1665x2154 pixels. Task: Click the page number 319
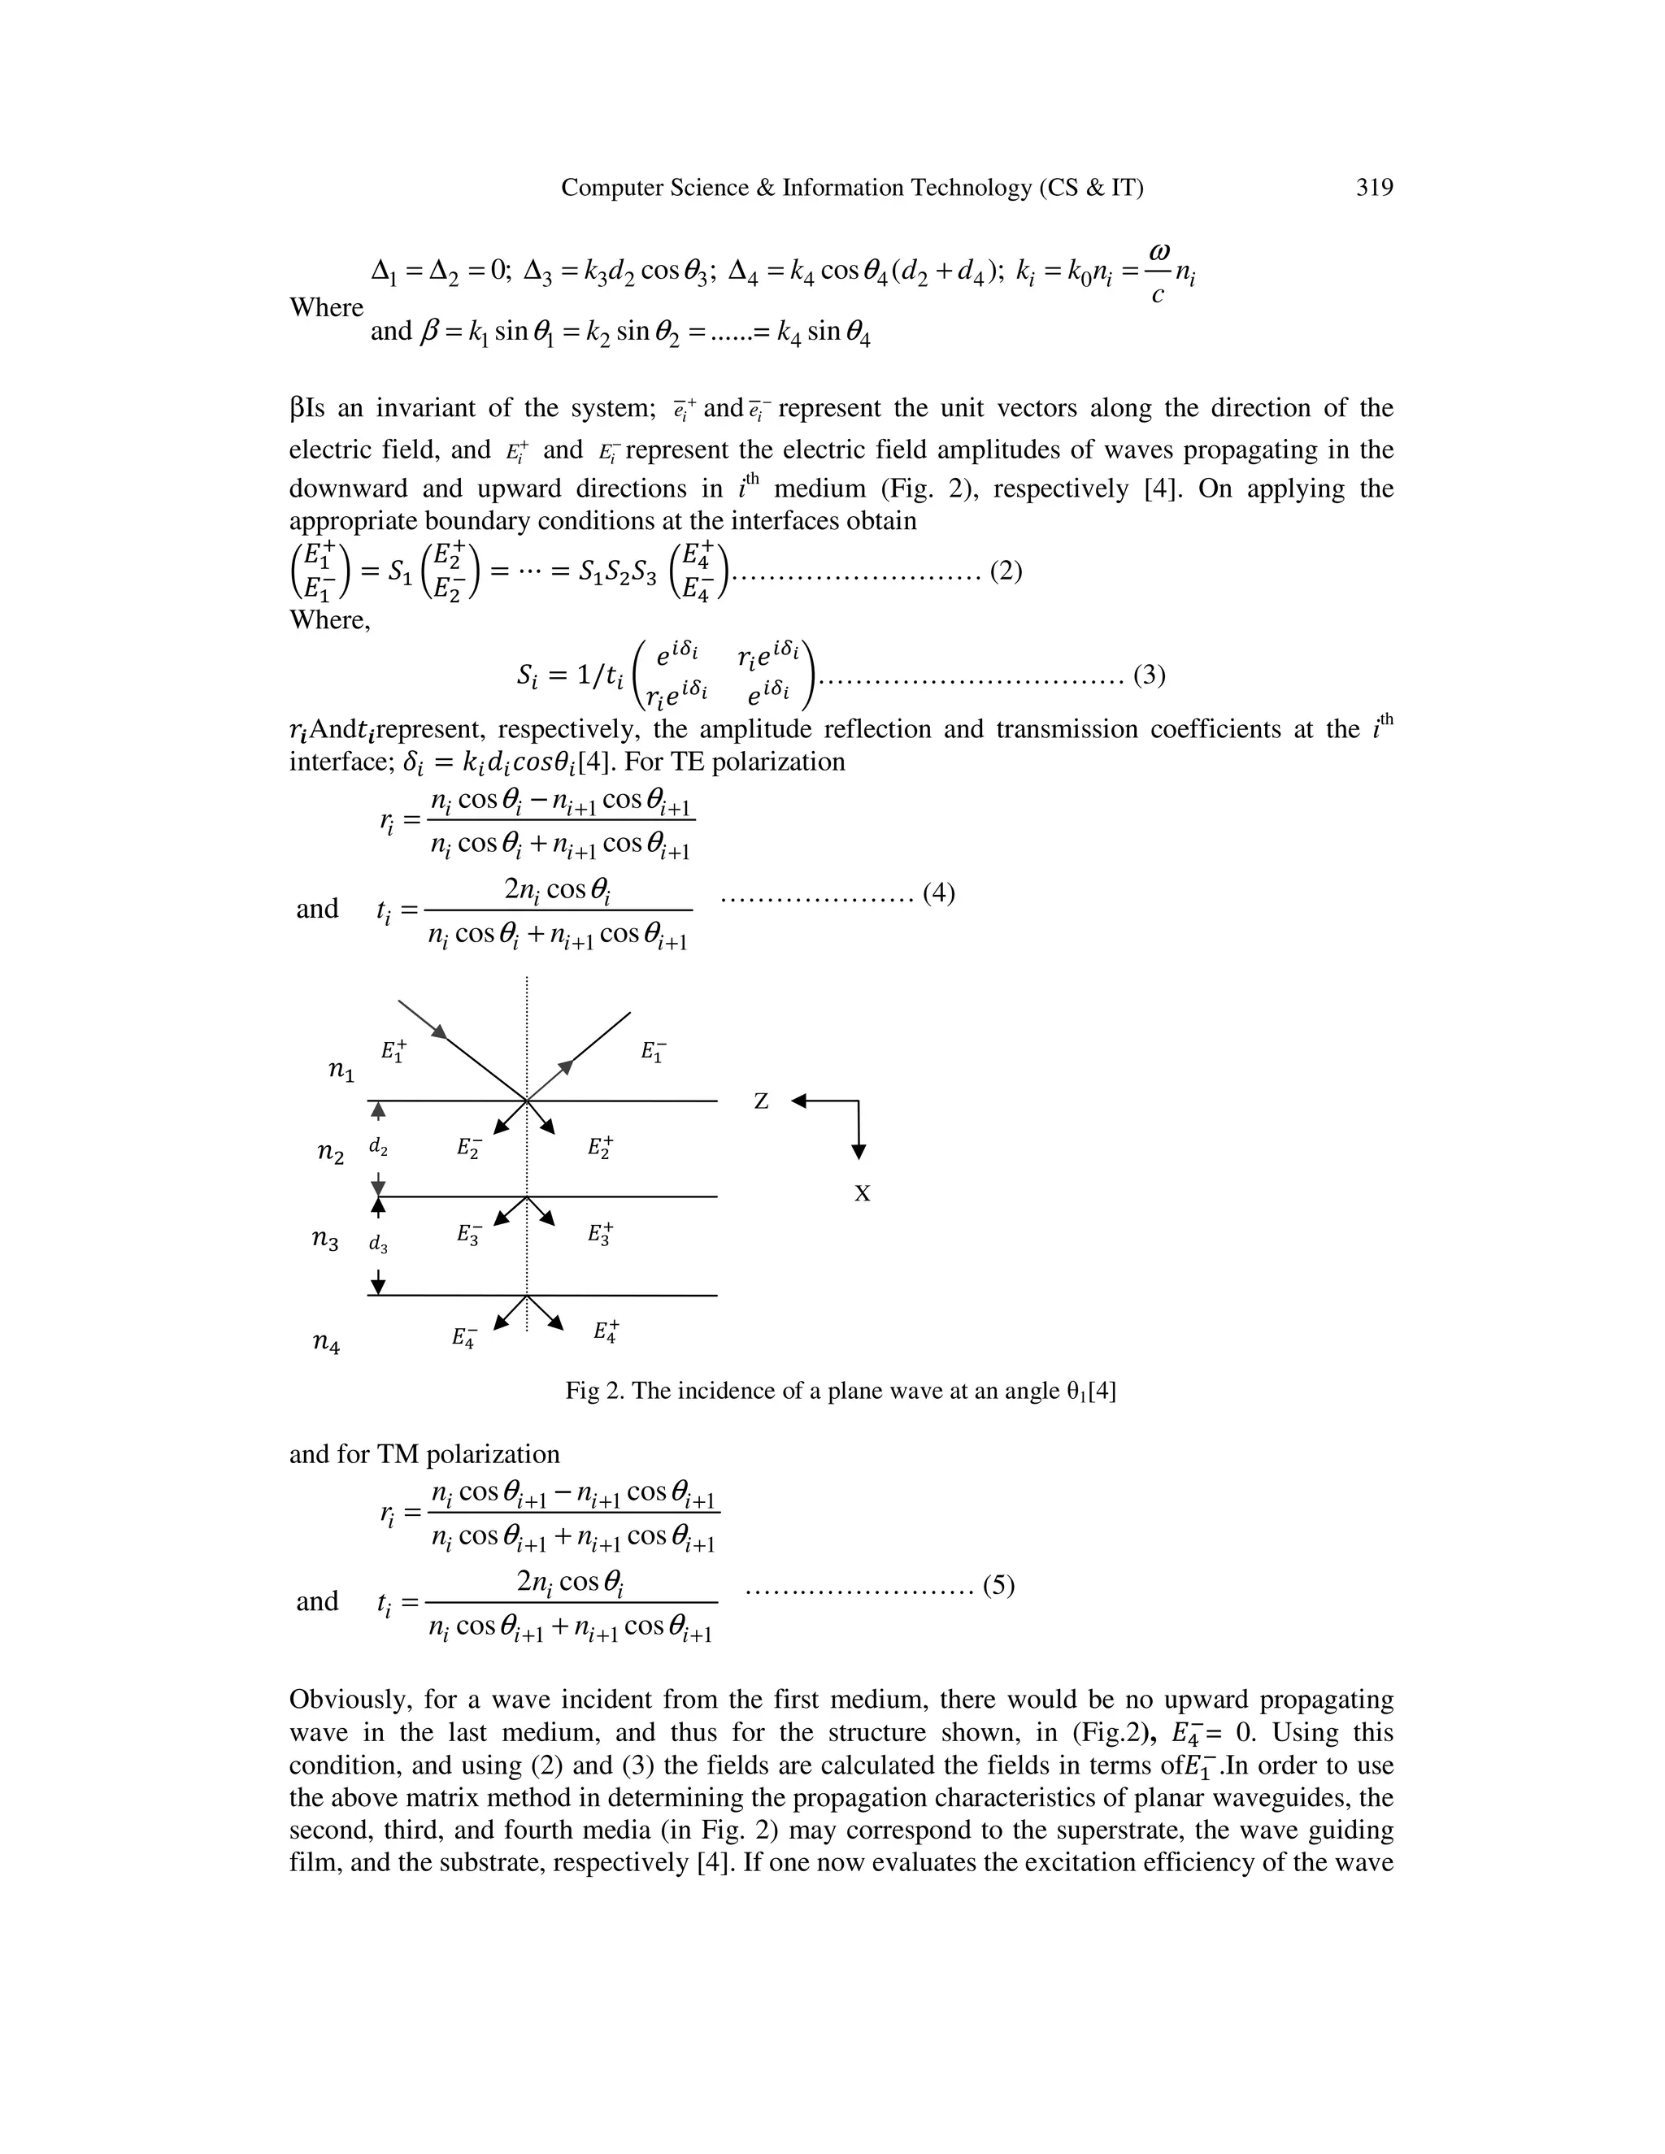pos(1374,188)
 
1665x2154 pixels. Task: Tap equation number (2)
pos(1006,571)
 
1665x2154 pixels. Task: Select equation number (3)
pos(1149,675)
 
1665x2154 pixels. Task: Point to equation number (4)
pos(939,892)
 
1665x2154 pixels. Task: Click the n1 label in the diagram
pos(341,1071)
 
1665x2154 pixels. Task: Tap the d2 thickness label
pos(378,1147)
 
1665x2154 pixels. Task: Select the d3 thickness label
pos(378,1244)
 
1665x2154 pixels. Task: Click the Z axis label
pos(760,1101)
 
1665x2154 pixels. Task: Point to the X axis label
pos(862,1194)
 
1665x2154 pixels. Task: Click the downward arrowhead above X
pos(859,1151)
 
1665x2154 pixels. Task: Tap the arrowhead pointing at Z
pos(800,1101)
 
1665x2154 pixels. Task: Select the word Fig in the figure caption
pos(582,1392)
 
